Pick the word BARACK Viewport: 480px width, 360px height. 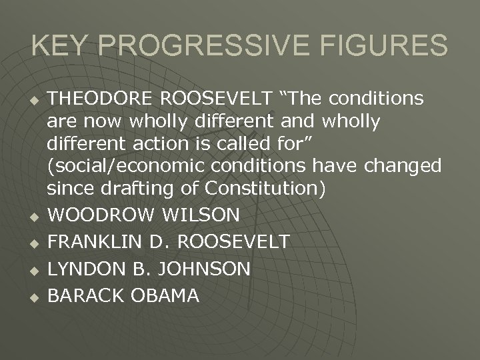(x=84, y=295)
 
